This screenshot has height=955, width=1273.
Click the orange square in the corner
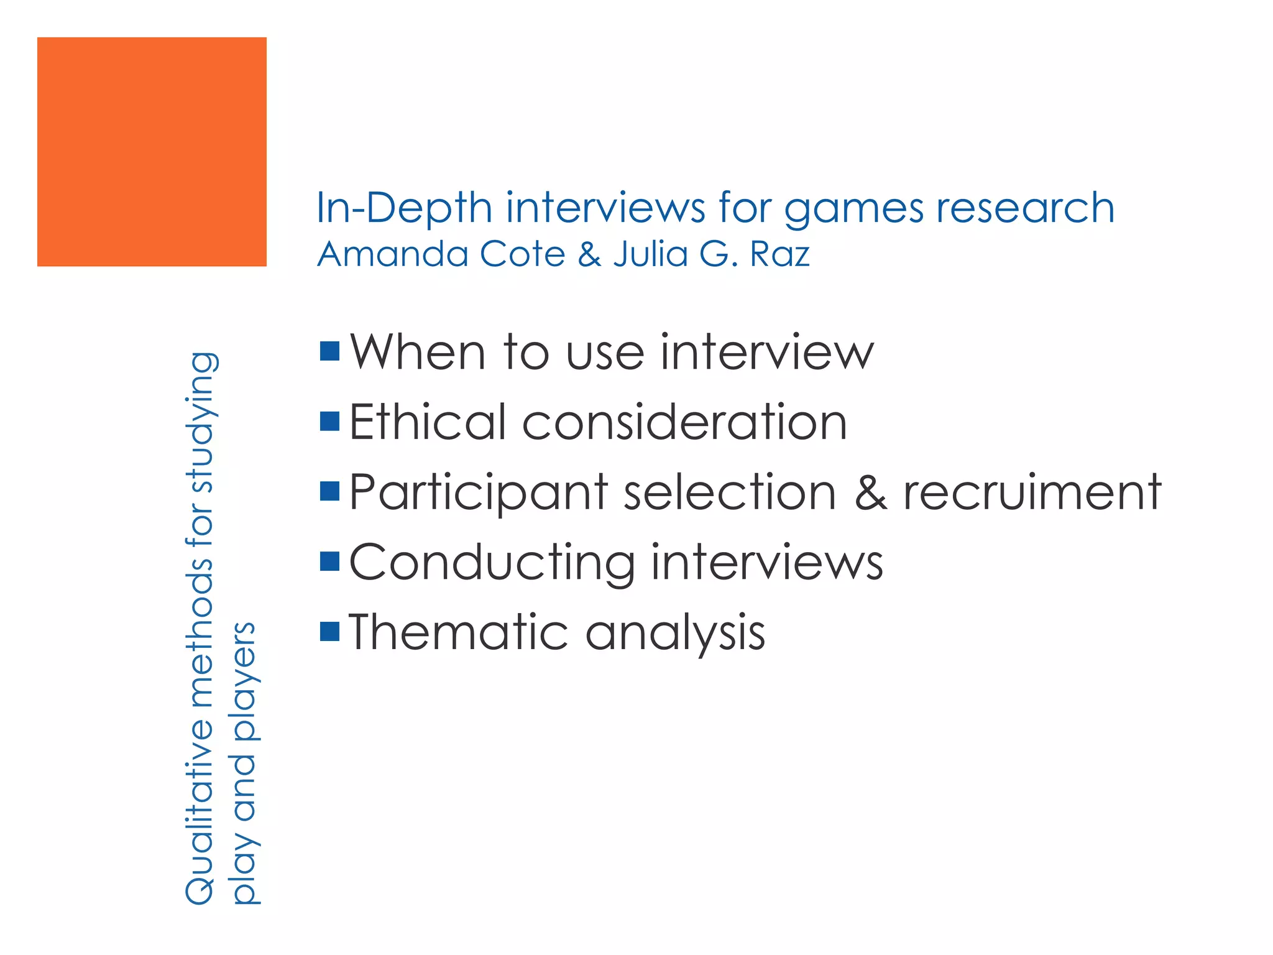152,152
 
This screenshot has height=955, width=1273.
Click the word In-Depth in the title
404,208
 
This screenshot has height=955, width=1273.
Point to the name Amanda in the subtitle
392,254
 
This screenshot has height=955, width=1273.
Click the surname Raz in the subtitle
779,254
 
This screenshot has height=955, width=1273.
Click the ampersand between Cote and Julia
589,254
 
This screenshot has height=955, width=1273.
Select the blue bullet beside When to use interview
329,351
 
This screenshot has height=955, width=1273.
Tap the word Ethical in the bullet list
428,422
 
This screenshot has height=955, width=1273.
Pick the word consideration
684,422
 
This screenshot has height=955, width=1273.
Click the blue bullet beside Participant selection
329,491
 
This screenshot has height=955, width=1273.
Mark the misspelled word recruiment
1032,492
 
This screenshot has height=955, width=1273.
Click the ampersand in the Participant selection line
871,492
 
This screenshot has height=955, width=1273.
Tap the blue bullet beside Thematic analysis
329,632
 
